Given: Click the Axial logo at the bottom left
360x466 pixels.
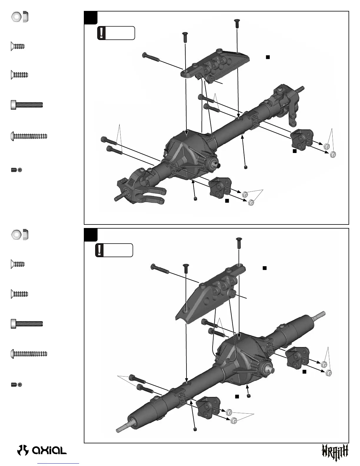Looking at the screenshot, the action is [42, 450].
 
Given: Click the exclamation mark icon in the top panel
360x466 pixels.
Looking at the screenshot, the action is [101, 33].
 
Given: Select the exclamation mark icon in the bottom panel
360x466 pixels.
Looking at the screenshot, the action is [100, 250].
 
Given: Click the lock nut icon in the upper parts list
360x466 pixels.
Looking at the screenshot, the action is [20, 17].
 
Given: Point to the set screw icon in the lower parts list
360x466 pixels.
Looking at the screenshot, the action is [16, 385].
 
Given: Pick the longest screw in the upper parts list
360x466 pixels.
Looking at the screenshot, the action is [29, 136].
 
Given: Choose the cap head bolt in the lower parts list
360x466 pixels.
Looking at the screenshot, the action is [27, 324].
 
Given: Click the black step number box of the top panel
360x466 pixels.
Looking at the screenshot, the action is [91, 18].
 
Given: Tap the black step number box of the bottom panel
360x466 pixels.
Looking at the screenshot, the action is [91, 235].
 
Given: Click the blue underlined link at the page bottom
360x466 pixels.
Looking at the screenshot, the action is [59, 464].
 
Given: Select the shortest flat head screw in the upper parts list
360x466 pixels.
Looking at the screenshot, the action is [18, 46].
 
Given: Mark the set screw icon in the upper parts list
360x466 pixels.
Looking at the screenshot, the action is [16, 170].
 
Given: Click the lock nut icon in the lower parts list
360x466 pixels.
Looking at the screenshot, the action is [20, 234].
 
